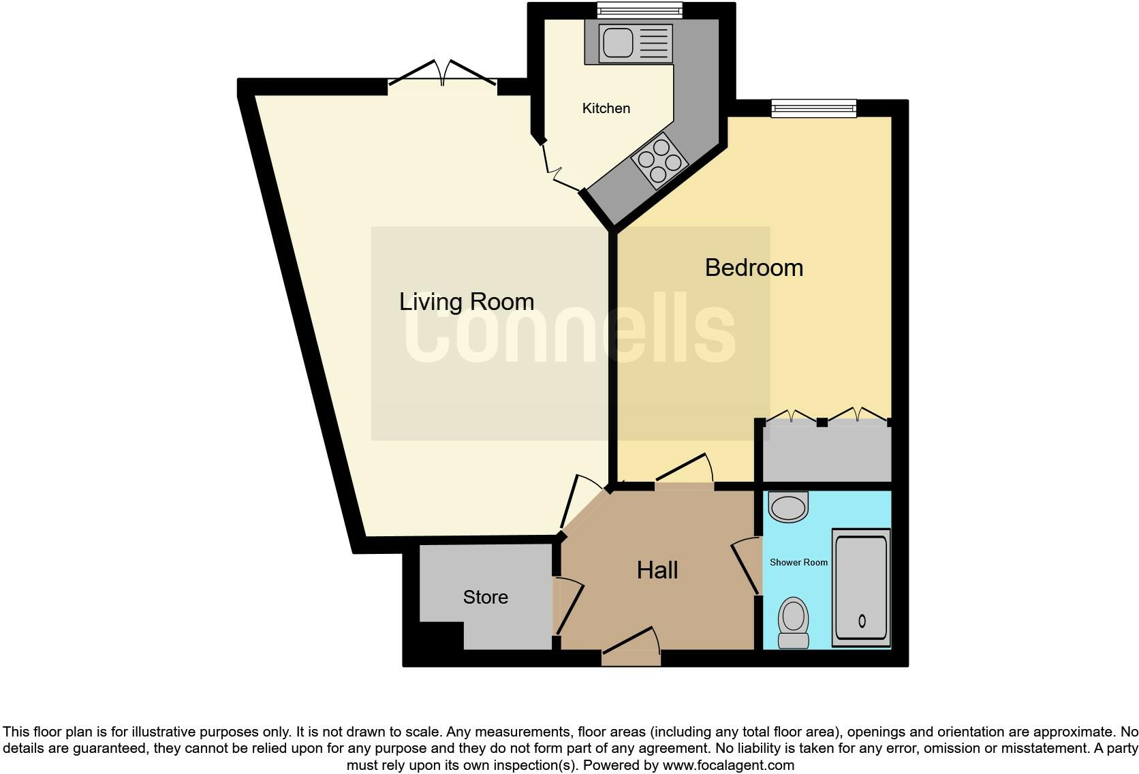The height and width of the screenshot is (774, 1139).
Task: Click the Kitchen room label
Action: coord(606,108)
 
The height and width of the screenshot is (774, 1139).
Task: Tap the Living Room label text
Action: coord(466,302)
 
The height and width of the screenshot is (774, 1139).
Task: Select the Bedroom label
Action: coord(753,268)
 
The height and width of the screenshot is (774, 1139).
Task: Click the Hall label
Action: coord(657,570)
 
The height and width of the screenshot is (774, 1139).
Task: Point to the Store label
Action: coord(485,598)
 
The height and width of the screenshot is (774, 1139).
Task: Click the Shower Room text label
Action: coord(798,562)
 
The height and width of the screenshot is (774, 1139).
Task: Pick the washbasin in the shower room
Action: coord(788,507)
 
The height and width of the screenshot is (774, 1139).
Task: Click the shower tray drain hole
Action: coord(862,621)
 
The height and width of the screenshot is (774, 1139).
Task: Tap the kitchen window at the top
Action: coord(640,10)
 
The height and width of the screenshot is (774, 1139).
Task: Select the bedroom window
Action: coord(813,108)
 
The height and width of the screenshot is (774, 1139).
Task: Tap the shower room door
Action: coord(747,566)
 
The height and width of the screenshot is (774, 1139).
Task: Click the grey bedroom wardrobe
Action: coord(826,453)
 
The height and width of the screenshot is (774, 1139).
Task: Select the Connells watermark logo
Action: coord(570,332)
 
